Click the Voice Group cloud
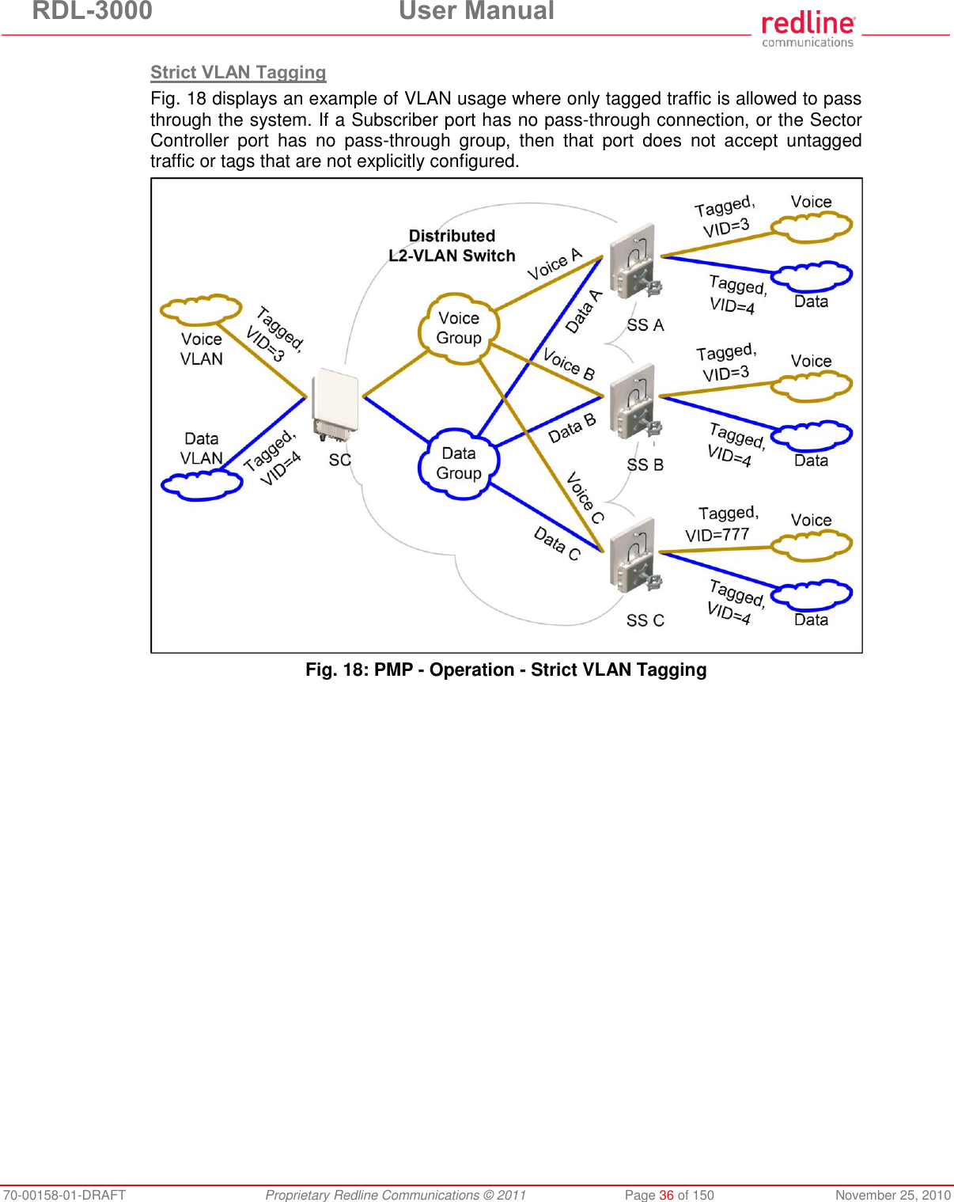click(459, 328)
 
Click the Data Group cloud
click(459, 464)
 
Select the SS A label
click(645, 325)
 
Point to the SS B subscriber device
click(634, 401)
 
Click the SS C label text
click(645, 620)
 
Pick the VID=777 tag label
click(717, 535)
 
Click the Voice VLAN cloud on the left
click(201, 309)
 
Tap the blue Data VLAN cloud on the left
click(202, 484)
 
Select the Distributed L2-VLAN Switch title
click(452, 246)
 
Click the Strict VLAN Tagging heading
click(238, 73)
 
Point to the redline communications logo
click(808, 29)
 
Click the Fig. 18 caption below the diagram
click(506, 670)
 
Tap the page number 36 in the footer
click(666, 1195)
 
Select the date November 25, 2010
click(893, 1195)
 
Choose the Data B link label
click(572, 428)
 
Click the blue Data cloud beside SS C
click(812, 594)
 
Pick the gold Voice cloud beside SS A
click(812, 227)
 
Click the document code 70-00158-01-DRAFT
click(63, 1195)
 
